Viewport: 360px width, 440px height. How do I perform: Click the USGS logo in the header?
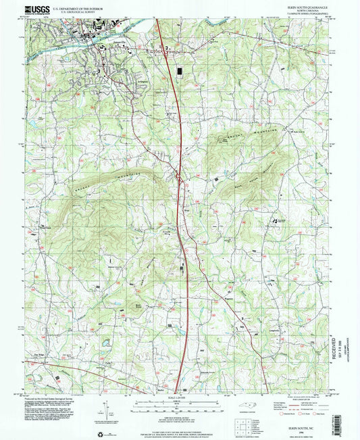(35, 9)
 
